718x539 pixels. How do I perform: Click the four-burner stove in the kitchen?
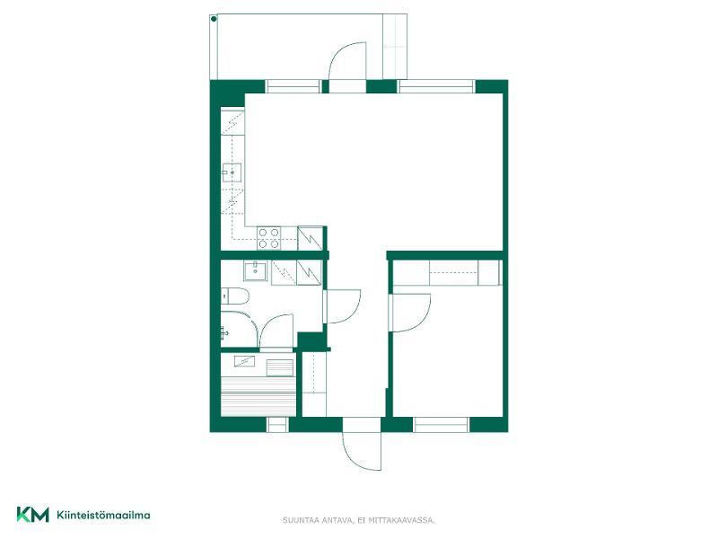(x=268, y=238)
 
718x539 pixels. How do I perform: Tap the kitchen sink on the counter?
(x=232, y=172)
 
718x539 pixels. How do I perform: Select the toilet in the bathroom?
(x=234, y=296)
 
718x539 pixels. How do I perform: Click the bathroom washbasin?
(x=255, y=270)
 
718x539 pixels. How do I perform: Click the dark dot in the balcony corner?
(x=214, y=19)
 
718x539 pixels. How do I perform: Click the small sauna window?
(x=277, y=425)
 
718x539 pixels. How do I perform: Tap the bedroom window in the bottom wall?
(x=441, y=425)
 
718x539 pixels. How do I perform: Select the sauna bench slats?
(x=258, y=397)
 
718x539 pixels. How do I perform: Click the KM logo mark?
(x=32, y=514)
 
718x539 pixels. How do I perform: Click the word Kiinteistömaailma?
(x=103, y=515)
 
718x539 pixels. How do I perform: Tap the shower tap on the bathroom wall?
(x=223, y=331)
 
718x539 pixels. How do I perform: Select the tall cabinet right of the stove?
(x=311, y=238)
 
